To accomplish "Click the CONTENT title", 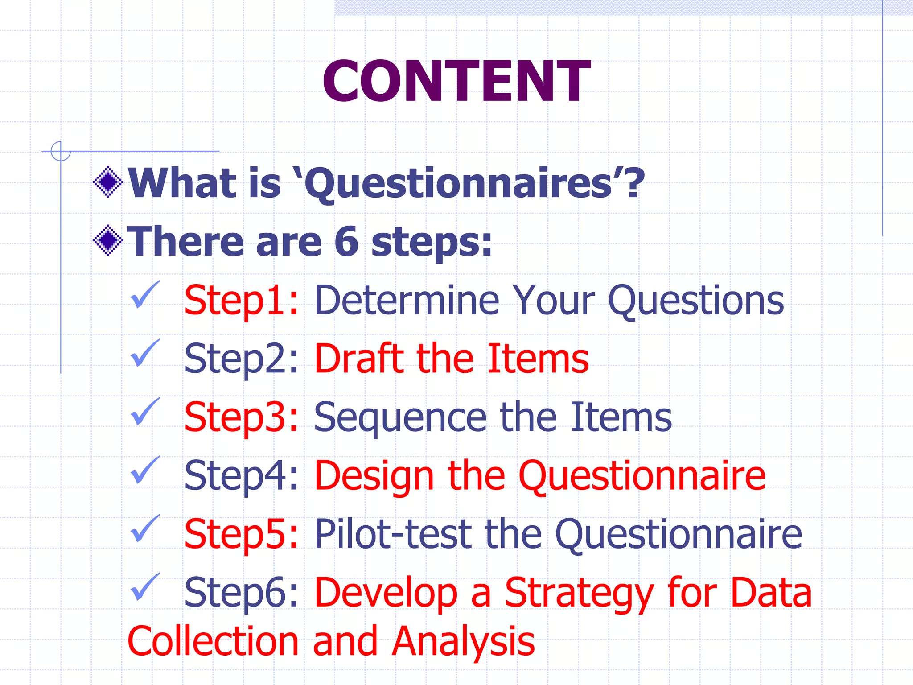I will point(456,81).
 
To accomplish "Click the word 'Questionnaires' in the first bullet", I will point(459,184).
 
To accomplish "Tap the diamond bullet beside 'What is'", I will point(108,182).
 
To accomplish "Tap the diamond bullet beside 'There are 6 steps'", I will point(108,241).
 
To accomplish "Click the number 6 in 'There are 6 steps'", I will point(346,242).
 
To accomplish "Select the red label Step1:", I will point(241,301).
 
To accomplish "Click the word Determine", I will point(407,301).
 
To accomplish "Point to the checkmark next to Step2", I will point(144,353).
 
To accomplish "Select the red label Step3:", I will point(241,417).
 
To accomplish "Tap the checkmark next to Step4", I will point(144,470).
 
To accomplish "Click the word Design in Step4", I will point(374,476).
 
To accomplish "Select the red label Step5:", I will point(241,534).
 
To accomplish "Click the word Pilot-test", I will point(392,534).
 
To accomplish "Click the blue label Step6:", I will point(241,593).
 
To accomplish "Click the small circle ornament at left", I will point(60,151).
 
